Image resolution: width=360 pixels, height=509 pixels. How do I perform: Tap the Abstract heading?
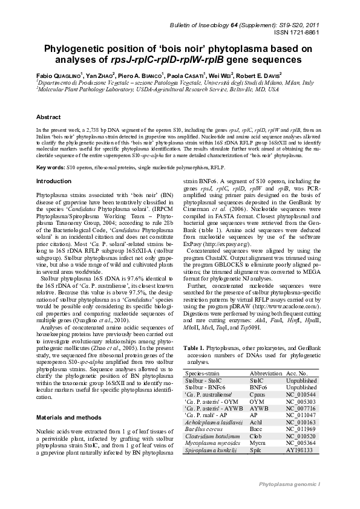48,117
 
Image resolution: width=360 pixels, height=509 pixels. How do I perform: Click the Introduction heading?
54,181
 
